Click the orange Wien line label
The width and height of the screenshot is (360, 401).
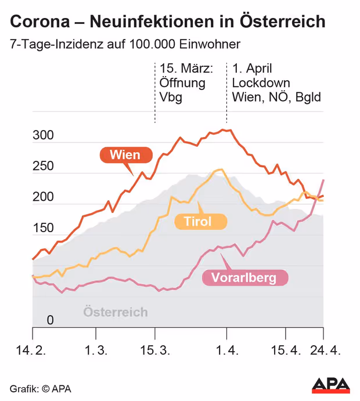[125, 155]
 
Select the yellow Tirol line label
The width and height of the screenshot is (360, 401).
[197, 221]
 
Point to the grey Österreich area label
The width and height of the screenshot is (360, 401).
[116, 312]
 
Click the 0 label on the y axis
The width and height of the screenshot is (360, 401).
[50, 320]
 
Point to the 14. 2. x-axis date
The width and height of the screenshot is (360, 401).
[31, 351]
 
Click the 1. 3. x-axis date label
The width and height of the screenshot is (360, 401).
[96, 351]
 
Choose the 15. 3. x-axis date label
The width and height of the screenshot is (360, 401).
[155, 351]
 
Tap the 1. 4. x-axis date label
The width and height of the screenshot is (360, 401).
[226, 351]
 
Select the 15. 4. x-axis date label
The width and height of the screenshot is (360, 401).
[286, 351]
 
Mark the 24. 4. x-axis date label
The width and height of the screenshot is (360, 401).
[323, 351]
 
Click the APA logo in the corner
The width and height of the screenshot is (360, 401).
[331, 385]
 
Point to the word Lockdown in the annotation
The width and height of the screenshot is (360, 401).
[261, 83]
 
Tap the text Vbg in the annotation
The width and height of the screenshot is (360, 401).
[171, 97]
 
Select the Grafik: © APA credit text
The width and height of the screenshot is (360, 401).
[40, 388]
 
